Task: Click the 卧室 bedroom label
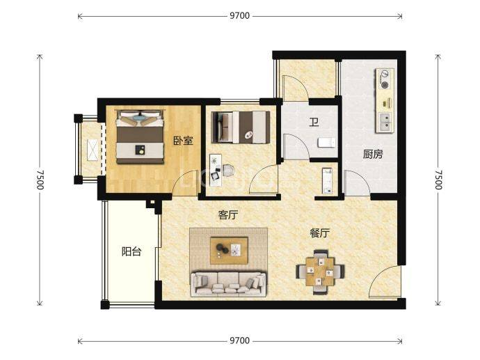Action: [184, 141]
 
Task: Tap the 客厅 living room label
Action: [228, 214]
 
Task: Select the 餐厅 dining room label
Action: [319, 233]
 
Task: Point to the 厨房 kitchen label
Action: [373, 154]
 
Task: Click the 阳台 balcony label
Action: [131, 251]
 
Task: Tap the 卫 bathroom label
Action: [314, 123]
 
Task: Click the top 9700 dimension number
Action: [240, 15]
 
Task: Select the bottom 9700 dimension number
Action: [240, 341]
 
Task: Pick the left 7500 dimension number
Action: [40, 180]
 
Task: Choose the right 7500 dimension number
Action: [438, 180]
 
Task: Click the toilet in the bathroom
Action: [327, 143]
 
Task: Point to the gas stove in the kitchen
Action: [385, 79]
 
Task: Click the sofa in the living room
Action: [228, 283]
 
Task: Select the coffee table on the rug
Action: [229, 250]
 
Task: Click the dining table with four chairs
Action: [320, 272]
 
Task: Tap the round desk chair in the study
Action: [227, 171]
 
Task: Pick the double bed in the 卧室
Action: [140, 137]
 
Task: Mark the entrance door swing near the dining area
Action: [385, 282]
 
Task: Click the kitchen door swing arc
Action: [357, 183]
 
